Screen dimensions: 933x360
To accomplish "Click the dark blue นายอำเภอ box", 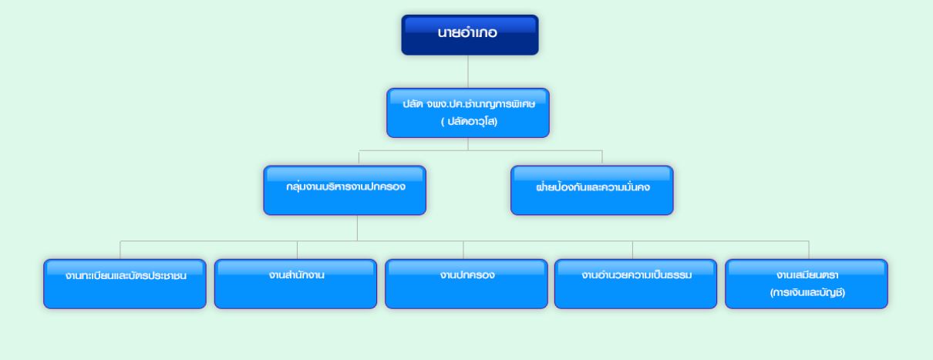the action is tap(470, 35).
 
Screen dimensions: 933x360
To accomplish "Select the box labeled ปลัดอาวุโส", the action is tap(468, 113).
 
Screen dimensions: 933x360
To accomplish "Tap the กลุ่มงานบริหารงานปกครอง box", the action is tap(345, 190).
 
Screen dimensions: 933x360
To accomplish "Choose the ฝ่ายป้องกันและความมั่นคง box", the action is tap(592, 190).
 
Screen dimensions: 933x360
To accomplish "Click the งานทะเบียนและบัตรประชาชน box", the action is tap(125, 284).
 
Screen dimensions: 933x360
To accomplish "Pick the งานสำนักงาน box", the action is tap(296, 284).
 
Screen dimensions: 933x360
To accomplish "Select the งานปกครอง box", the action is tap(466, 284).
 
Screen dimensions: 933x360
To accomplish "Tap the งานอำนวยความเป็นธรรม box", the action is tap(635, 284).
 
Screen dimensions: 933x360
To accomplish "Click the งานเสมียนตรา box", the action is tap(807, 284).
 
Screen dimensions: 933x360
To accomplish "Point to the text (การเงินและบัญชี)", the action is tap(807, 293).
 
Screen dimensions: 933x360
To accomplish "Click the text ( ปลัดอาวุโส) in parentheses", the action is tap(469, 122).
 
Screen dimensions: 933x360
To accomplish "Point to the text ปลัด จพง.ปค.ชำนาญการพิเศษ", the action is tap(469, 104).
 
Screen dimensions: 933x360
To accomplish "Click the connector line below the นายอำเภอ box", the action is tap(468, 72).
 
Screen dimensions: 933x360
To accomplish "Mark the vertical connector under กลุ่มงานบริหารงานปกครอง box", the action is tap(357, 227).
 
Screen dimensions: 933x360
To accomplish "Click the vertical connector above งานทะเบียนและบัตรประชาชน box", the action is tap(120, 250).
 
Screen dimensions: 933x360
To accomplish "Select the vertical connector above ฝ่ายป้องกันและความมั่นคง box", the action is tap(602, 158).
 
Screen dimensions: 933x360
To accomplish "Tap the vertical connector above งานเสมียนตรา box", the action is tap(809, 250).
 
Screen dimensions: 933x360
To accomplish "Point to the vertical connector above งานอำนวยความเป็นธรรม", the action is tap(632, 250).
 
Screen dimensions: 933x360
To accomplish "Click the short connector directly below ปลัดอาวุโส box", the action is tap(468, 144).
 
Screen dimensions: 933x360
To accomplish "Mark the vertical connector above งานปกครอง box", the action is tap(463, 250).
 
